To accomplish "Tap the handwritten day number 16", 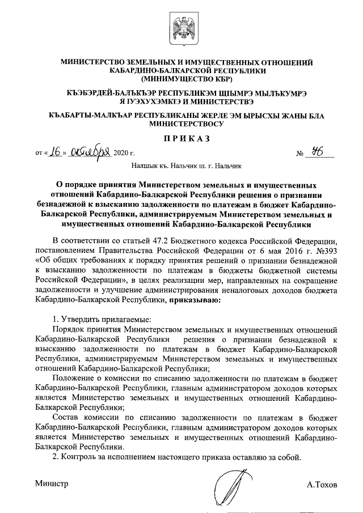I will pyautogui.click(x=55, y=152).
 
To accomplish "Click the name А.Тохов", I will pyautogui.click(x=322, y=485).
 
